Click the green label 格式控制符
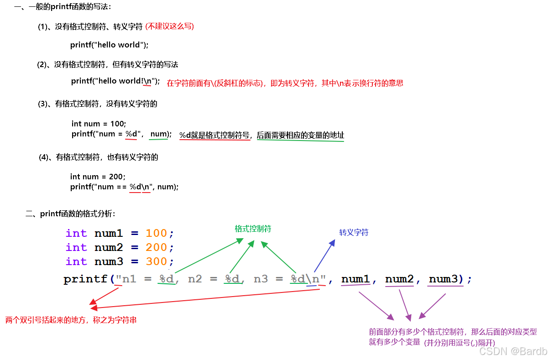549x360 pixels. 253,229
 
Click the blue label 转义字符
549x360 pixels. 354,232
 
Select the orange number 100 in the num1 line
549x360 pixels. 156,233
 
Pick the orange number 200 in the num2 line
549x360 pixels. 156,247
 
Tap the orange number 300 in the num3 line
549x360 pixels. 156,261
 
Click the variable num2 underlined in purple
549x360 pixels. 399,279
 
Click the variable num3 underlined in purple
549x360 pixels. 443,279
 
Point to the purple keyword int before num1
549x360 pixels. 76,233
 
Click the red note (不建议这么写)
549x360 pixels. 169,26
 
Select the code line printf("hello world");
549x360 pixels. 110,45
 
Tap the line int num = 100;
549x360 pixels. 99,124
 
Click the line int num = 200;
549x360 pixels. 98,177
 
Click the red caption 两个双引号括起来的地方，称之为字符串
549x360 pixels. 71,320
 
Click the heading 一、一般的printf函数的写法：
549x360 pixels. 63,7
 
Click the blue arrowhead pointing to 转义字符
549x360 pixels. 332,243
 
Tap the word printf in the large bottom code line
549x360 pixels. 85,279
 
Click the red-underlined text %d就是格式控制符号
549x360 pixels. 214,135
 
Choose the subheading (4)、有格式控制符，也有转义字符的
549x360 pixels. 99,157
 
